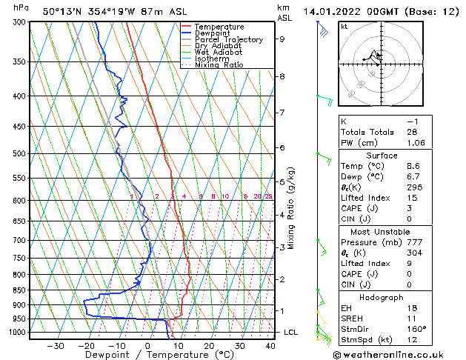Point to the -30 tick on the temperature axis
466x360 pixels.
(x=55, y=346)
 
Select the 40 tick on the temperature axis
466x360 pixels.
(x=270, y=346)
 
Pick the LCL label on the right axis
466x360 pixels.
(x=290, y=333)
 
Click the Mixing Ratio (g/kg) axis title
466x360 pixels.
(x=291, y=207)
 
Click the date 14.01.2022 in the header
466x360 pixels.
(x=333, y=11)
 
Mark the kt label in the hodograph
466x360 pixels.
(x=344, y=27)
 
